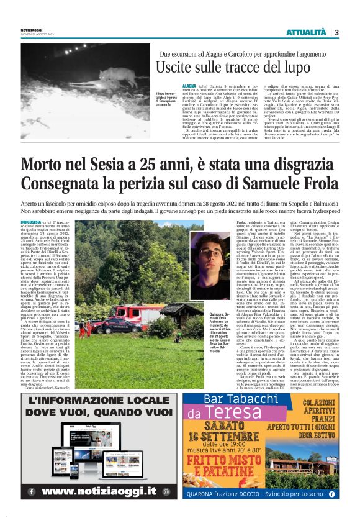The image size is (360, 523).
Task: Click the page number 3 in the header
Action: click(336, 32)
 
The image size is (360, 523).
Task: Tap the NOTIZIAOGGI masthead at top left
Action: click(30, 29)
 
